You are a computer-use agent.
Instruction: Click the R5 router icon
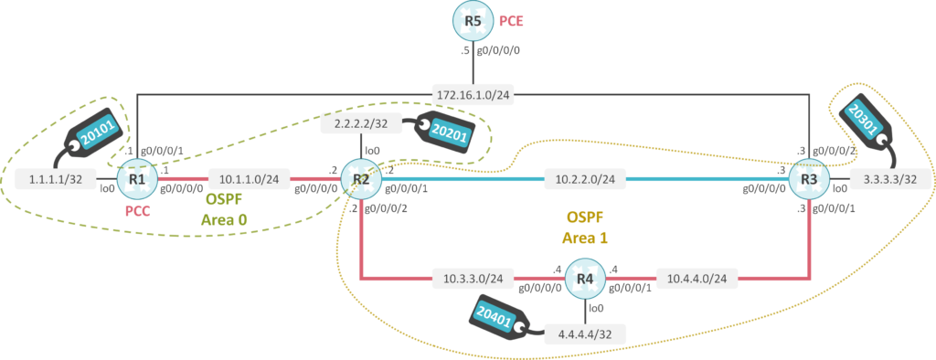click(x=472, y=19)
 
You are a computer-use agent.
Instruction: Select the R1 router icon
click(x=137, y=179)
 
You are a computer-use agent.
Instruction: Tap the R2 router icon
click(x=361, y=179)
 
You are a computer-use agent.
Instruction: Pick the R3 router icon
click(x=809, y=179)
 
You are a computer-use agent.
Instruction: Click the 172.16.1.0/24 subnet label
click(x=472, y=94)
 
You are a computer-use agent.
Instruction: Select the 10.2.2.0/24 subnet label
click(x=585, y=179)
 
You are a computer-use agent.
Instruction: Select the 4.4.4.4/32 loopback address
click(x=585, y=334)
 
